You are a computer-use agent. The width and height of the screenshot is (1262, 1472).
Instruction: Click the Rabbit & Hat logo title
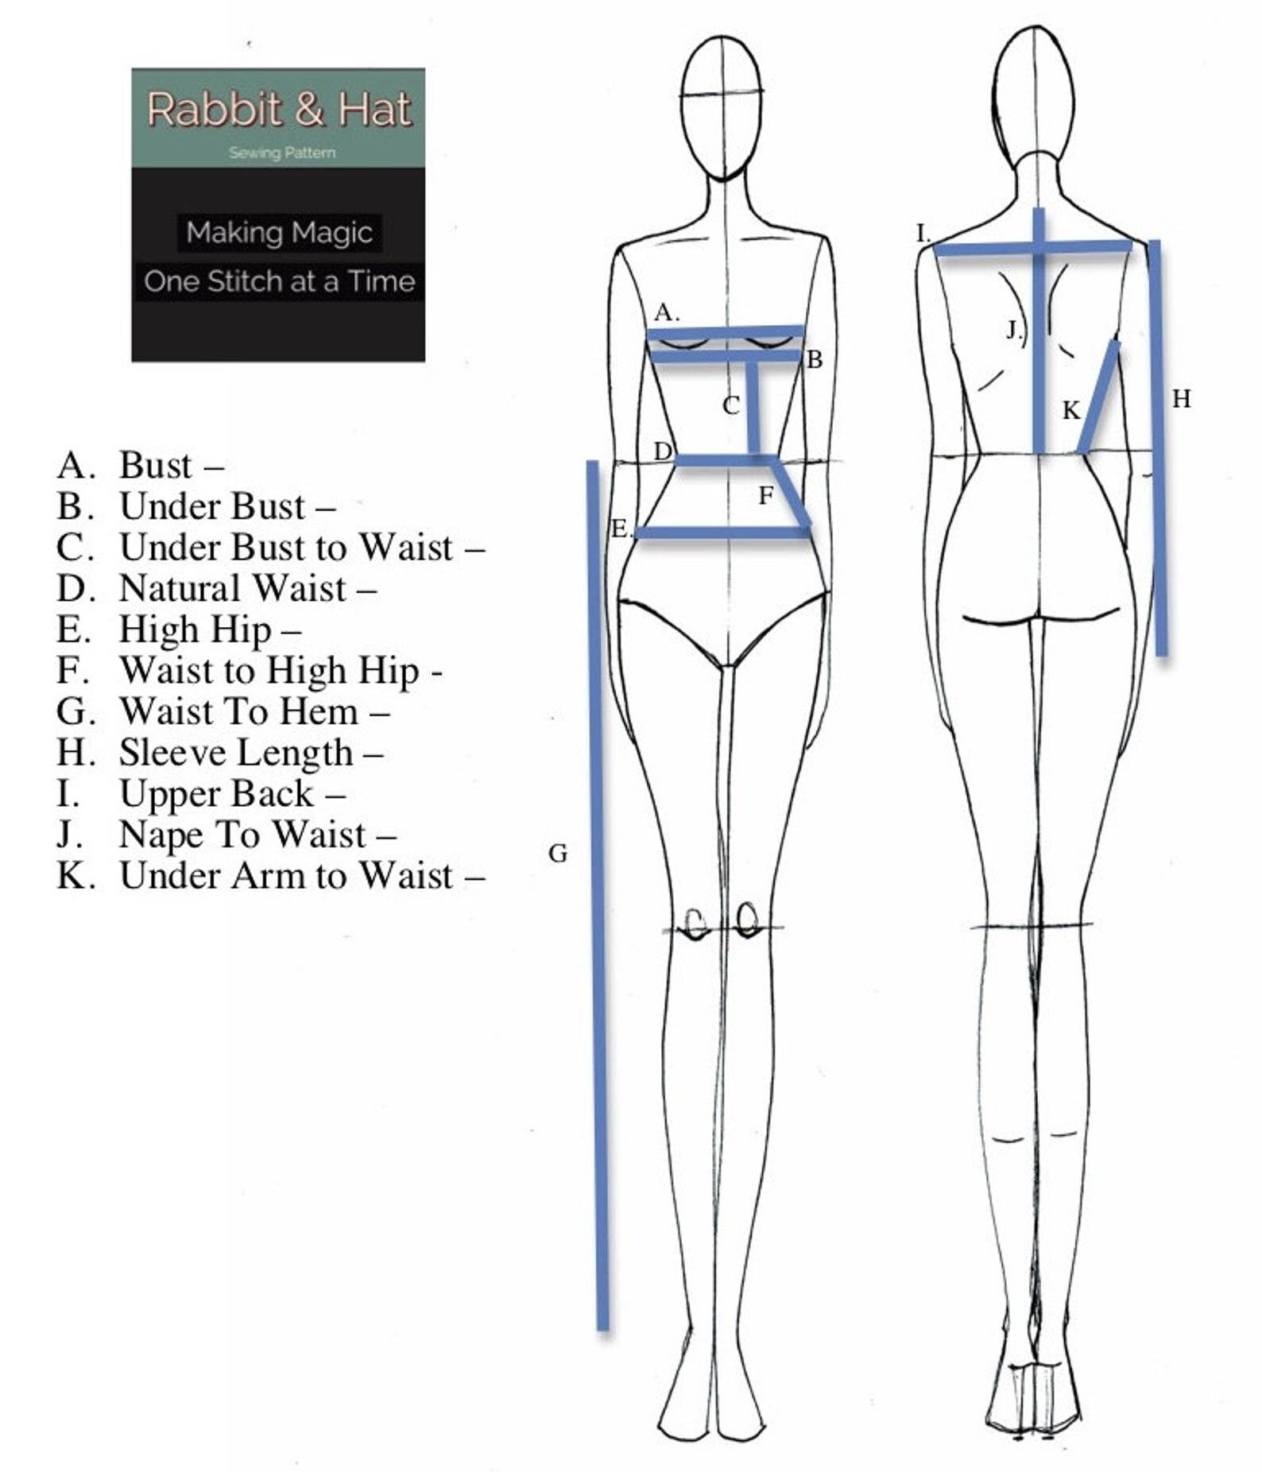279,110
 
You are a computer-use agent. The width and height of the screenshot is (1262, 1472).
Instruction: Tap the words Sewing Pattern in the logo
282,153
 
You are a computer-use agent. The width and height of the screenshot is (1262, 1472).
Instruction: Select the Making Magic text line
279,233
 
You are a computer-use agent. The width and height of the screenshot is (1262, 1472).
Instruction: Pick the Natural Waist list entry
216,589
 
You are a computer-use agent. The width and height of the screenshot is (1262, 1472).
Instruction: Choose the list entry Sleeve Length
219,753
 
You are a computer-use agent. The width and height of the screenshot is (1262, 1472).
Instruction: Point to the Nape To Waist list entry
226,835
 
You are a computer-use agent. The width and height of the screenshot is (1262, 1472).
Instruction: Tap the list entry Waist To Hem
223,711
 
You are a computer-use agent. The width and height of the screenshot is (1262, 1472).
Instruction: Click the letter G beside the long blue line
558,854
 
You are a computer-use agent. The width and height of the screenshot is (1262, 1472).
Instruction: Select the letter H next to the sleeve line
1182,399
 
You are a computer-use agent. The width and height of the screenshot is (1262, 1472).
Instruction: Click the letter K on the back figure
1071,411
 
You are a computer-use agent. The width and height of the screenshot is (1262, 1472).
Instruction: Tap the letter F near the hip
765,496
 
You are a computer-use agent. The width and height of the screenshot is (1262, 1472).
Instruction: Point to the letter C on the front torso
731,406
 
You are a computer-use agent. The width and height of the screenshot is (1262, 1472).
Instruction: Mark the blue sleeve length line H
1158,447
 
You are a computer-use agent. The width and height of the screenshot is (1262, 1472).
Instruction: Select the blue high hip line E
723,532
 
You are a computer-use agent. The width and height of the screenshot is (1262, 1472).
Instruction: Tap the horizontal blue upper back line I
1033,248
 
